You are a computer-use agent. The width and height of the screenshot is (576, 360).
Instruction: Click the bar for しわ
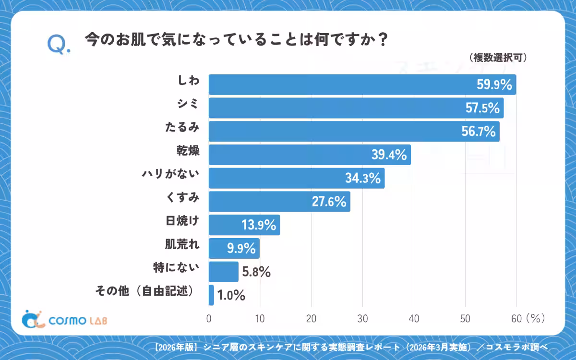click(362, 84)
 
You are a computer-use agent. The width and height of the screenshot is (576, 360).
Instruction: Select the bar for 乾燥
click(310, 155)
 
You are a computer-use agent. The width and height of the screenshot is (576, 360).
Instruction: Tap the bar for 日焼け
click(244, 225)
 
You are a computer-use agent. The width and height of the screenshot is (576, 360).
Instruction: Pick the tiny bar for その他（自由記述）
click(211, 295)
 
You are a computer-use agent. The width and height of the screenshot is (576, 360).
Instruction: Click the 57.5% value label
click(482, 108)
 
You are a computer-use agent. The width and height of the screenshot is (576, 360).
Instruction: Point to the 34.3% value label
click(363, 178)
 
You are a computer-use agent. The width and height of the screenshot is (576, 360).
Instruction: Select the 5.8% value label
click(256, 272)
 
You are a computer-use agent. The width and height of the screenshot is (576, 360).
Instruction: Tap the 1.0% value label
click(231, 295)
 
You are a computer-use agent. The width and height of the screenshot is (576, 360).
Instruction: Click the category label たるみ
click(182, 127)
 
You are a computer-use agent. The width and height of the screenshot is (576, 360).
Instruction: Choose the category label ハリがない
click(170, 174)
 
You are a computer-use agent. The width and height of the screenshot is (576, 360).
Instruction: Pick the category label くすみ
click(182, 197)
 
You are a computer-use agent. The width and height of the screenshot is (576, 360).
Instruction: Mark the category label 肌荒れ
click(182, 244)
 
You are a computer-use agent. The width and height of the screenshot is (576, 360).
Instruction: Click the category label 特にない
click(176, 268)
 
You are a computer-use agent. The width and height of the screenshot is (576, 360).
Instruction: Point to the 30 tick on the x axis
click(362, 319)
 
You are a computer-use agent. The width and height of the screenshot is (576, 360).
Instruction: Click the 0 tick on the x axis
click(209, 319)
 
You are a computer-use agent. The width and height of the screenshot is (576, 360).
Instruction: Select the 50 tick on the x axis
click(465, 319)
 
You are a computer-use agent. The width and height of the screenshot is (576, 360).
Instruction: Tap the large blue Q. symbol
click(59, 44)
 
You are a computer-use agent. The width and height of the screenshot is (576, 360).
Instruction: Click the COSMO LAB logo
click(64, 319)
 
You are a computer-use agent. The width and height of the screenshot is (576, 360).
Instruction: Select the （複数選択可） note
click(498, 58)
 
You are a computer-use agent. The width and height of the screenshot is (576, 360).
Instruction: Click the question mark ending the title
click(383, 39)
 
